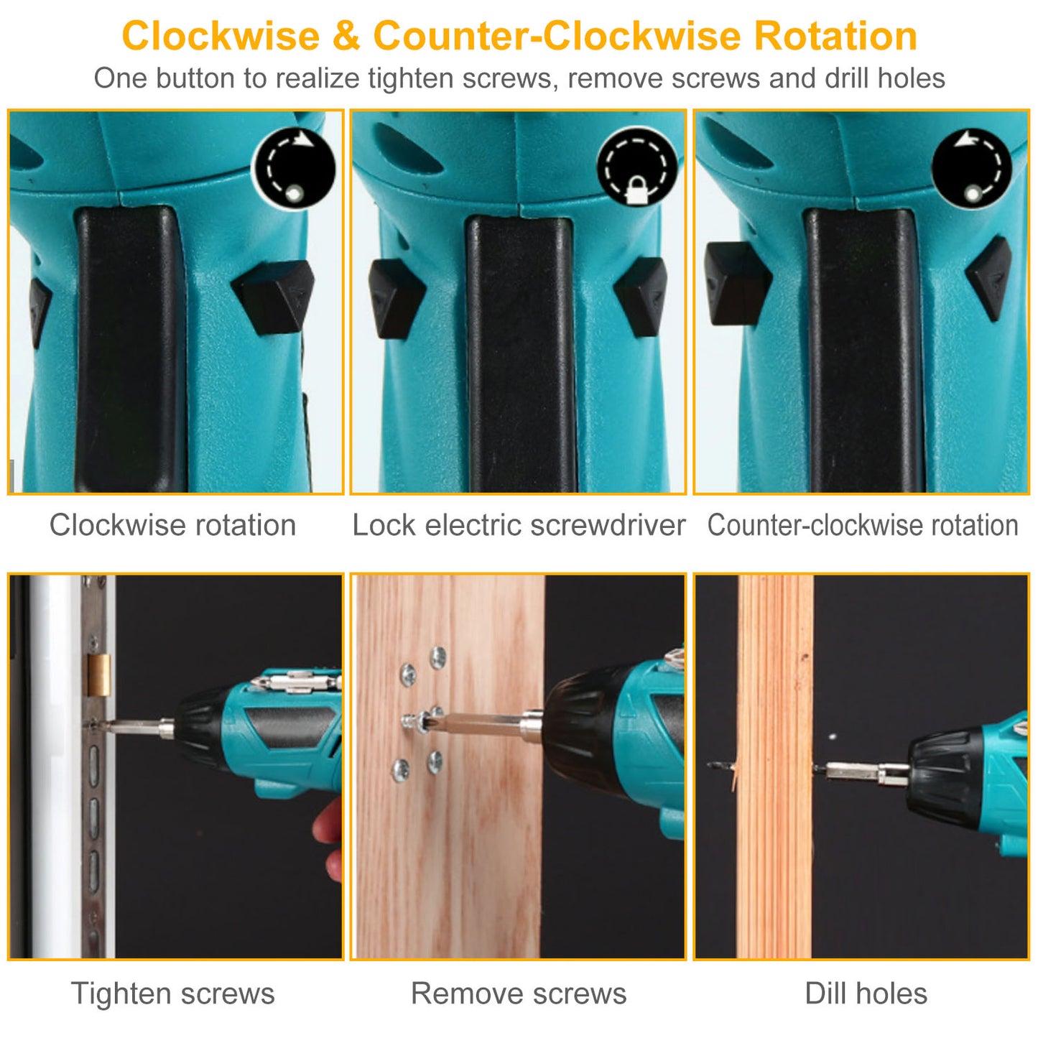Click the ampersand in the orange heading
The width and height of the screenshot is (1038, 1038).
346,36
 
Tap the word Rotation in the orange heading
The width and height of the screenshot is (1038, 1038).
835,36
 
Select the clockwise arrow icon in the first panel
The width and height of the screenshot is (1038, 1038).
294,169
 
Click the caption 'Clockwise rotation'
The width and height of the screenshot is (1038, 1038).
173,525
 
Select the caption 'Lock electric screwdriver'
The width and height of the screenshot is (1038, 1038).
519,525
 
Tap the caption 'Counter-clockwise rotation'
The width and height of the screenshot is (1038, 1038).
863,525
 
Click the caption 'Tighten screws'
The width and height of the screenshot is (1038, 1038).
173,994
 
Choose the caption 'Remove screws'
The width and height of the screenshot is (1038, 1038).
519,994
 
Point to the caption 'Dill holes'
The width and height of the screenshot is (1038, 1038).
866,994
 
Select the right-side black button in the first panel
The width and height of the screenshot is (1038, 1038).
274,297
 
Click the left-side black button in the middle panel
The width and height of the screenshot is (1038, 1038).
396,299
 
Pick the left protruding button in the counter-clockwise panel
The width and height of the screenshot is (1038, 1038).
737,284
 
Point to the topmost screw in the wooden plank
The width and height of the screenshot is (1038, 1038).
438,658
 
